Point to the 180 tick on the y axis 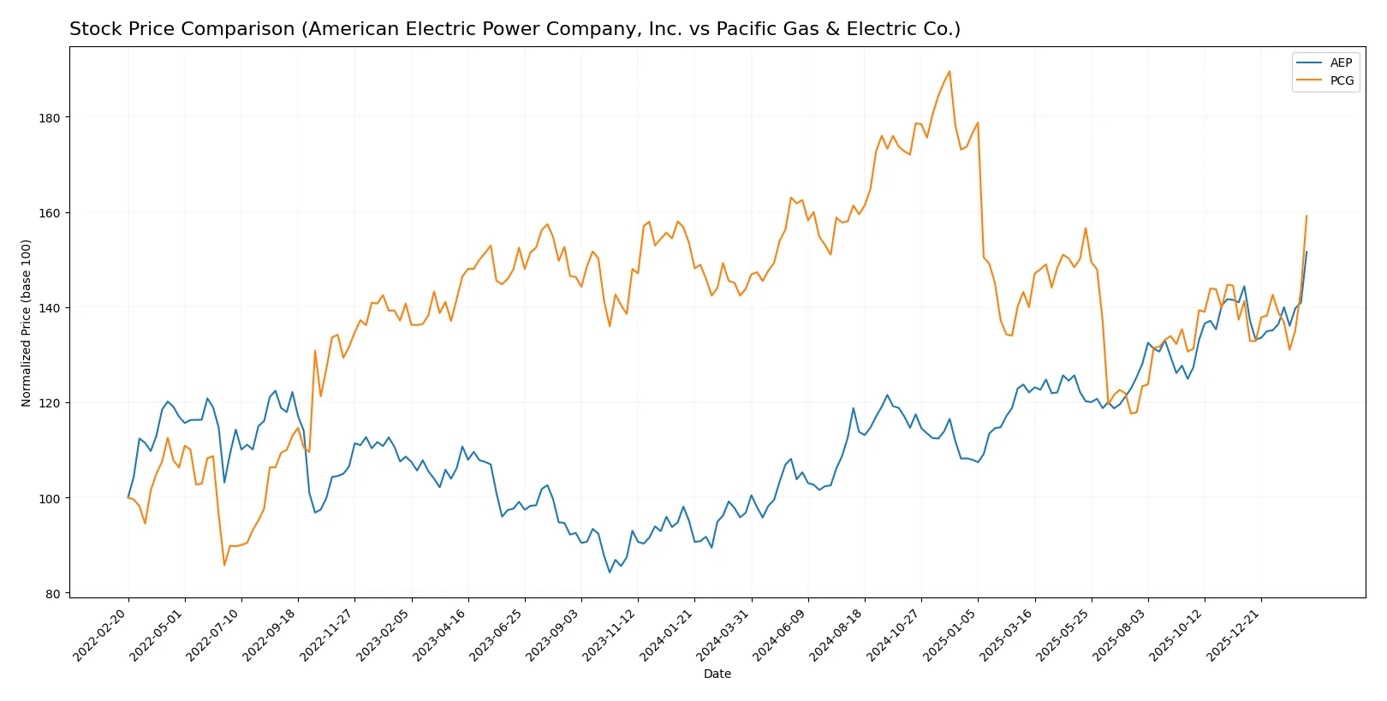(x=49, y=118)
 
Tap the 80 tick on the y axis (x=52, y=594)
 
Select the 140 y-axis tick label (x=49, y=308)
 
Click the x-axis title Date (x=717, y=674)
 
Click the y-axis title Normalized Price (x=27, y=323)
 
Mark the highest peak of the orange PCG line (x=949, y=71)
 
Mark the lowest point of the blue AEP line (x=610, y=573)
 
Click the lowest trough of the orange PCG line (x=224, y=565)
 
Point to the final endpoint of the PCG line (x=1307, y=216)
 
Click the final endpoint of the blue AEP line (x=1307, y=252)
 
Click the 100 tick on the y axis (x=49, y=498)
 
